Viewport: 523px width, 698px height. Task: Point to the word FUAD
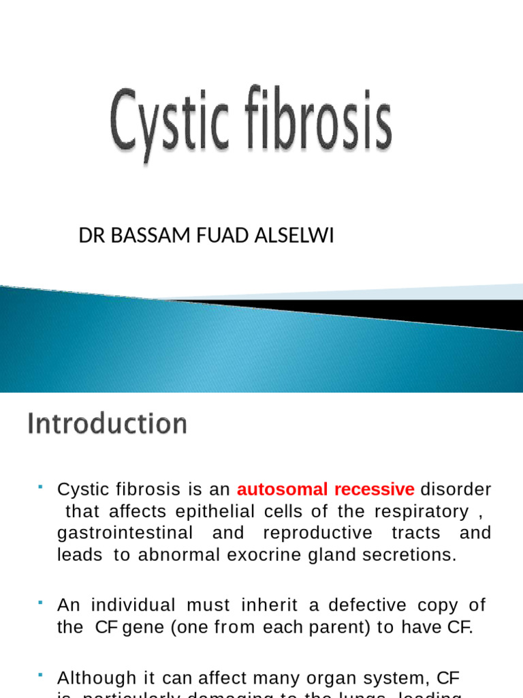pos(210,236)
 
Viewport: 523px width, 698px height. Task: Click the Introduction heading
pos(107,424)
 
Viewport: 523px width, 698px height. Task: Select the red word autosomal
pos(279,489)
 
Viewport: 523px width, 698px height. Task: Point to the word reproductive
pos(317,533)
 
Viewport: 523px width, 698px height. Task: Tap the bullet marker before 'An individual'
pos(41,602)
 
